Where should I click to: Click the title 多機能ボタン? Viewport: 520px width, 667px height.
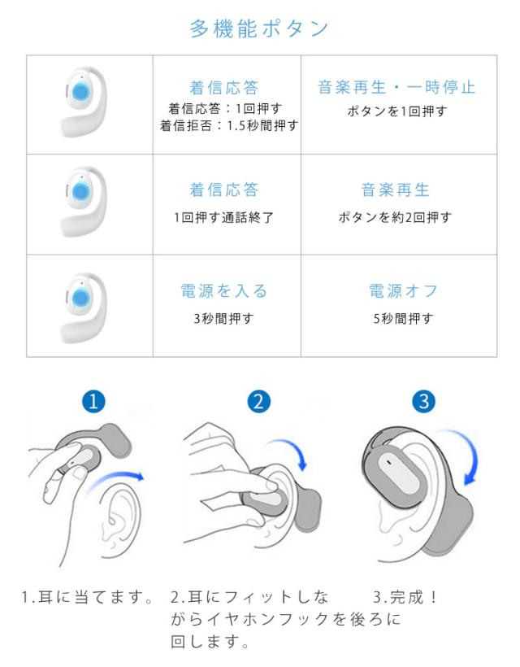258,29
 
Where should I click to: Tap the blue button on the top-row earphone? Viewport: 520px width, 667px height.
80,92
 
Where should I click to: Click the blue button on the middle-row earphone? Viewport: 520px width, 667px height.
80,192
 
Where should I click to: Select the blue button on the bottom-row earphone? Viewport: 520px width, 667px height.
80,299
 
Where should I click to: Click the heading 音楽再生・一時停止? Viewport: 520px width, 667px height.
396,87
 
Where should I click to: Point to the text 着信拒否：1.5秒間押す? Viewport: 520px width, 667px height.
229,125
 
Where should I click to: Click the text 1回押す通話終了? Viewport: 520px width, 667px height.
223,218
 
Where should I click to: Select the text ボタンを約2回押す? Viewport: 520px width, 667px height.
395,218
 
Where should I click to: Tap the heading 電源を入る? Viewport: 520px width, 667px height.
224,291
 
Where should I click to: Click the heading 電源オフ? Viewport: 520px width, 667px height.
403,291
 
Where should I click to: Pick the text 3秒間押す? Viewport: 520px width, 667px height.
223,319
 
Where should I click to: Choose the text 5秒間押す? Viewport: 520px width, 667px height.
403,319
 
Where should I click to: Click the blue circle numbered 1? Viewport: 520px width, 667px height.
93,401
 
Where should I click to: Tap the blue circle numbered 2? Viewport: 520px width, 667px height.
258,401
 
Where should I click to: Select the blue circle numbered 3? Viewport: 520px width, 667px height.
424,401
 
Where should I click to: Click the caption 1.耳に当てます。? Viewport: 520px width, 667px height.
87,597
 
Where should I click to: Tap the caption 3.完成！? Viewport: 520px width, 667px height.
405,597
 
